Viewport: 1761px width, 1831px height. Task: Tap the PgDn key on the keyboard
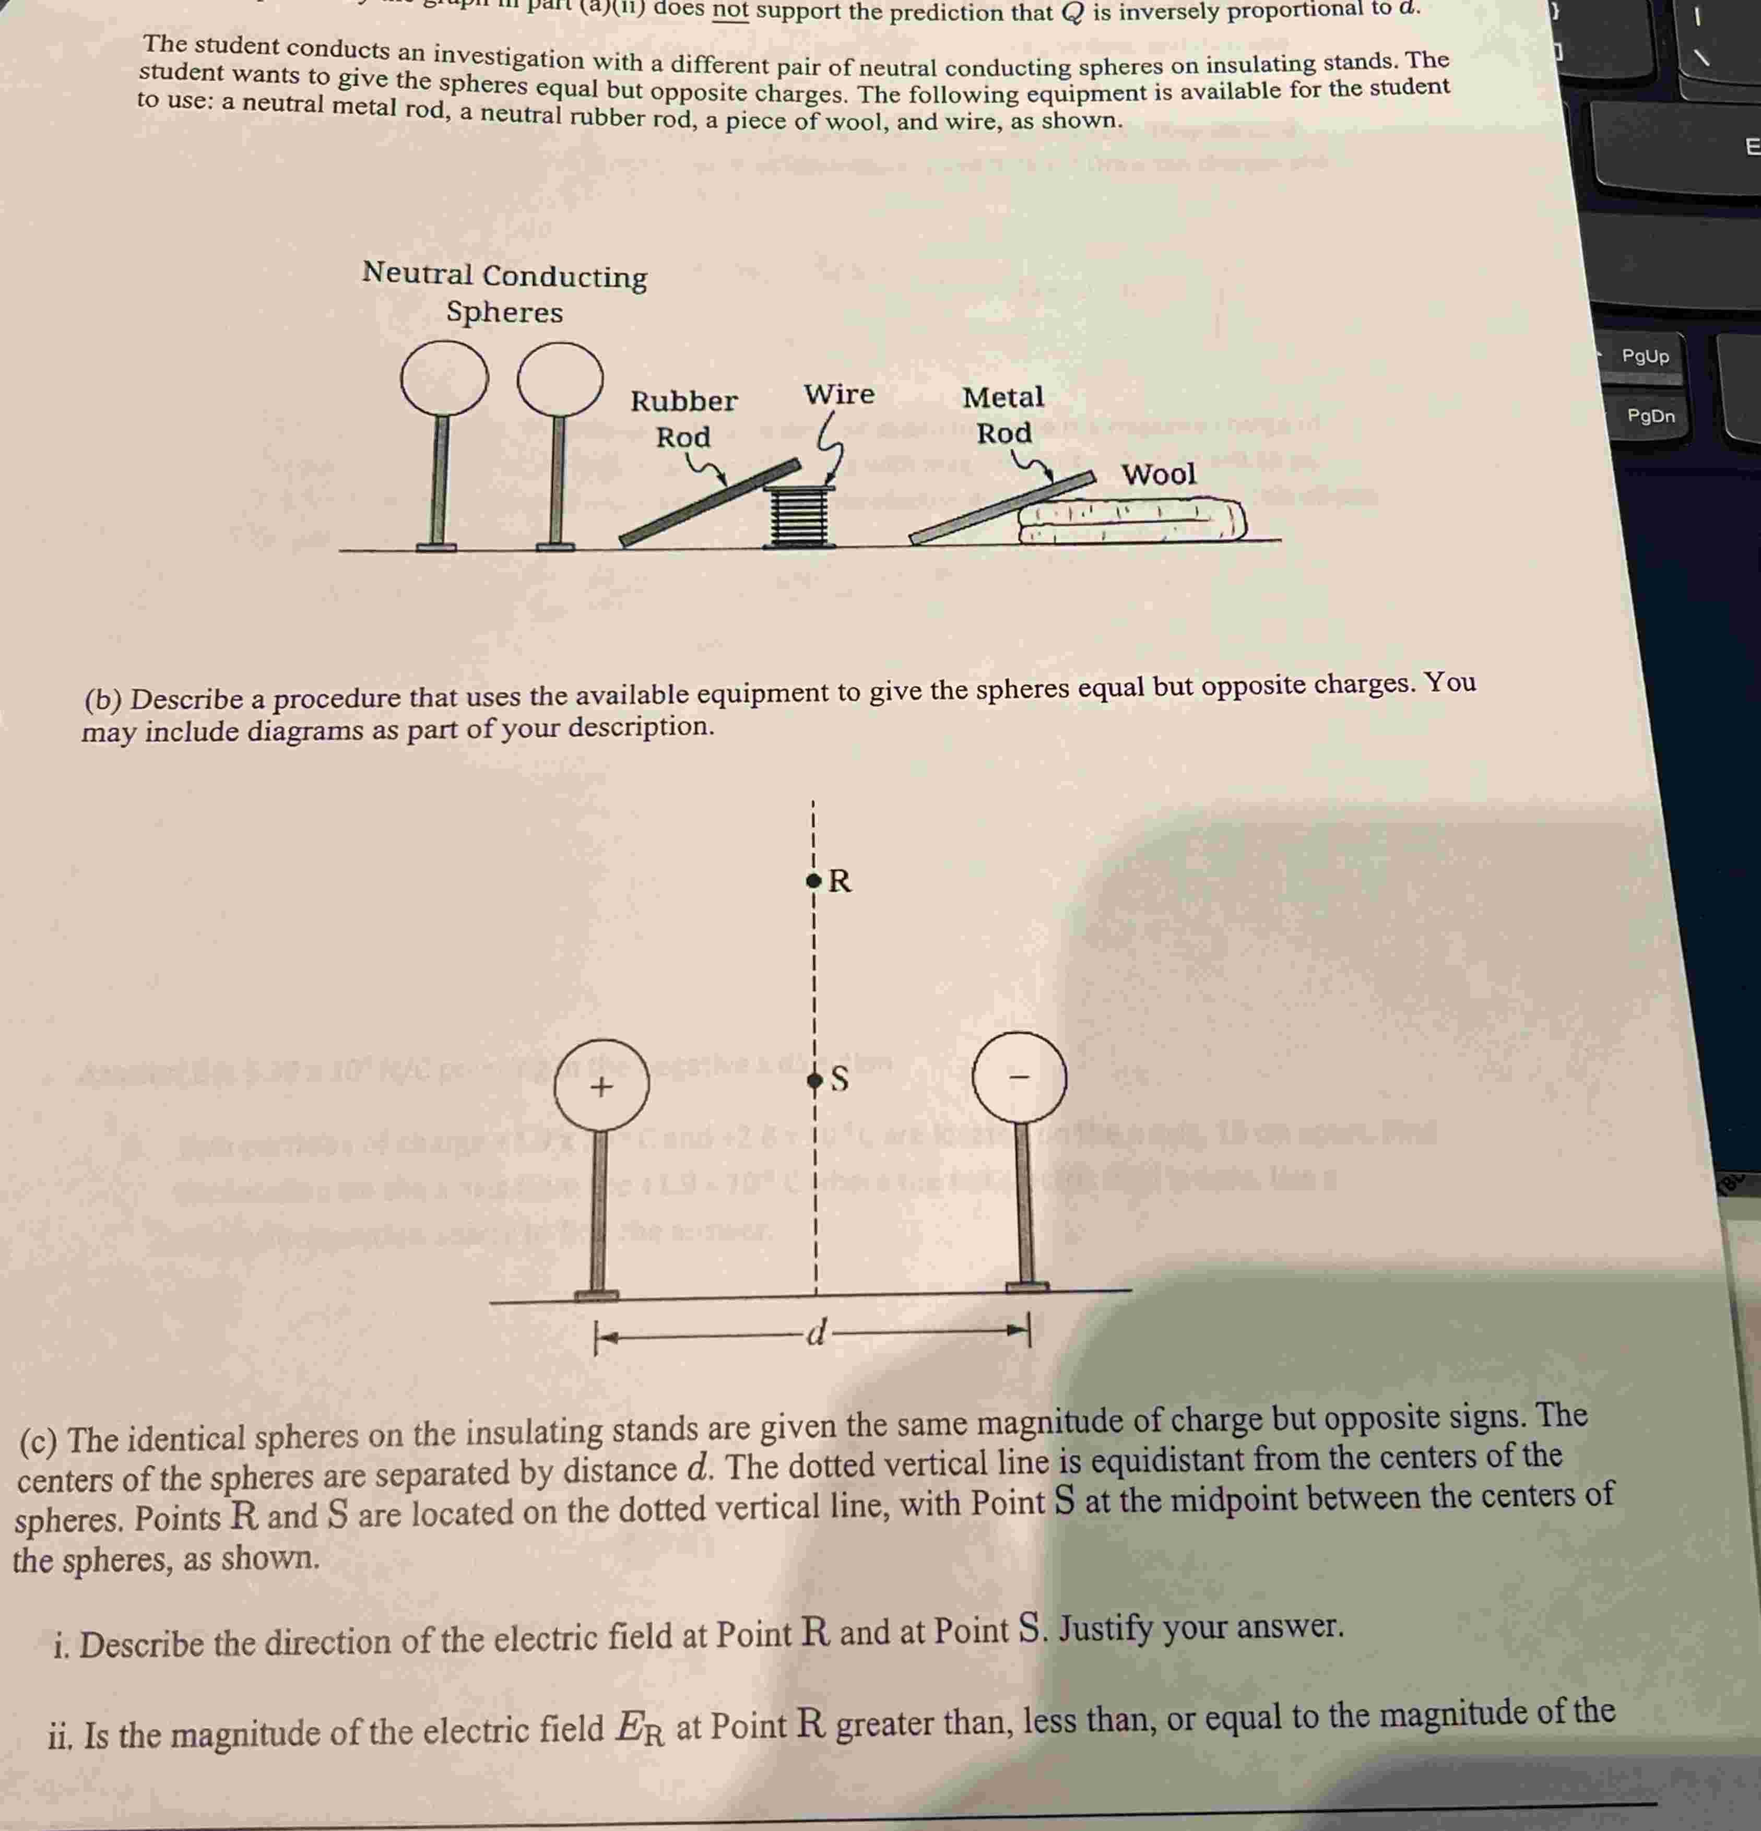[x=1650, y=416]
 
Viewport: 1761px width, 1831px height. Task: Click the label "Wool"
[x=1159, y=475]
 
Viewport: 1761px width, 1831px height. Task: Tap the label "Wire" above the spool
[x=839, y=394]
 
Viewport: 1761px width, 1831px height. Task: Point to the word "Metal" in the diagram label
[x=1002, y=397]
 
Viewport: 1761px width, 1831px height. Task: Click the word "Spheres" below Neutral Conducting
[x=504, y=312]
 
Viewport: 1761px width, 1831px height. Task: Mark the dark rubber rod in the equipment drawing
[x=710, y=502]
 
